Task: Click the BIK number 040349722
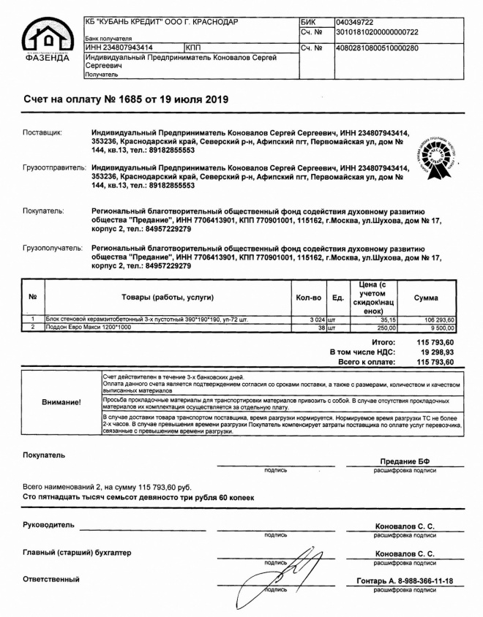pos(354,23)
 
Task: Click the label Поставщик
pos(42,132)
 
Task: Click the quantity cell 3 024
pos(312,319)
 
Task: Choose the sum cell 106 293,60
pos(439,319)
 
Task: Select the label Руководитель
pos(48,525)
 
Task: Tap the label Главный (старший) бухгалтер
pos(78,553)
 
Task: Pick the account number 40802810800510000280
pos(376,48)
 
